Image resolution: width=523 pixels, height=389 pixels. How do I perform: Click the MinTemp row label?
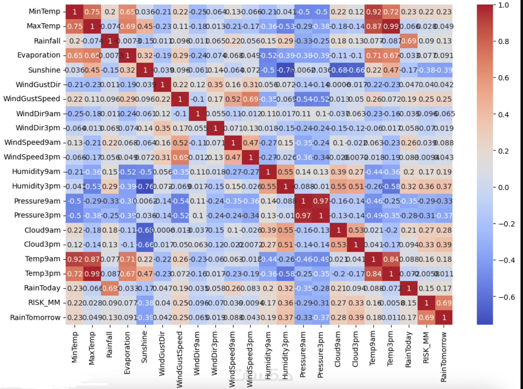point(44,12)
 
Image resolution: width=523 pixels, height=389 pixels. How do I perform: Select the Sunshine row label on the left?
point(44,70)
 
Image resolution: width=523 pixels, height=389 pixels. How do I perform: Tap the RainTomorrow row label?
point(35,318)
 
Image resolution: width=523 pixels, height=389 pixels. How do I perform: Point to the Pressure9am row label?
point(37,201)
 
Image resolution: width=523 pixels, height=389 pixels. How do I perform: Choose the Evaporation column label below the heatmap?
point(127,353)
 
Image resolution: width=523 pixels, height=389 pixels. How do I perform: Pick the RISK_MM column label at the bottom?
point(426,348)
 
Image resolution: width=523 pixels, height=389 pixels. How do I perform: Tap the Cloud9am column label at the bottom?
point(338,349)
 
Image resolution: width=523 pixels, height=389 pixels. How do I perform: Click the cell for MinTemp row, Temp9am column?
point(373,12)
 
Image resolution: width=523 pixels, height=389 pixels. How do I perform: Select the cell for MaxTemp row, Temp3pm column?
point(391,26)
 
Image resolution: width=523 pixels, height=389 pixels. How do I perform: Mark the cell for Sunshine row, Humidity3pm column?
point(285,70)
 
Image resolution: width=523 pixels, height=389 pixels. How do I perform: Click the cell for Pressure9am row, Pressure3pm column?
point(321,201)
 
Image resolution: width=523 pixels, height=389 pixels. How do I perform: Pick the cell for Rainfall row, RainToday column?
point(409,41)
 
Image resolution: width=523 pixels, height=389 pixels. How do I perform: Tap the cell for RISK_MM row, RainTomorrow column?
point(444,303)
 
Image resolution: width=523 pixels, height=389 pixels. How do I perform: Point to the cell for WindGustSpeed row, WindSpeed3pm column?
point(250,99)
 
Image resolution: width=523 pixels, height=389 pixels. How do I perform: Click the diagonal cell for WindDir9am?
point(197,114)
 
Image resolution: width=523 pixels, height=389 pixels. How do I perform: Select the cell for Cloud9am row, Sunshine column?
point(145,230)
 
